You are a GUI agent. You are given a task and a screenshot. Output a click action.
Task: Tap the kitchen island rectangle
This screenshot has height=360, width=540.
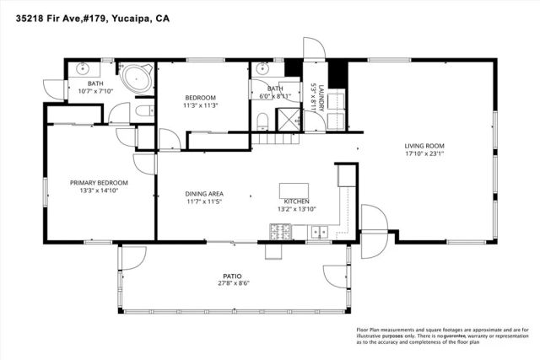tap(294, 191)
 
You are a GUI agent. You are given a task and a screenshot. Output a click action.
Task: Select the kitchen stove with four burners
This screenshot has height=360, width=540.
tap(279, 230)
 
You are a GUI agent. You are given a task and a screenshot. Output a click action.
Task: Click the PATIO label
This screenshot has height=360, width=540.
tap(232, 276)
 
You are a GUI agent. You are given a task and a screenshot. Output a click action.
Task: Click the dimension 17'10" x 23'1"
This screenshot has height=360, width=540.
tap(424, 153)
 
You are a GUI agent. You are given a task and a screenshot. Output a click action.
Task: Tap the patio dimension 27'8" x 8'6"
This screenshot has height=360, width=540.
tap(232, 284)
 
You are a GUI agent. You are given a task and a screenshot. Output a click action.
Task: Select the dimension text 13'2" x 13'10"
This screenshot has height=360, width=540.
tap(295, 209)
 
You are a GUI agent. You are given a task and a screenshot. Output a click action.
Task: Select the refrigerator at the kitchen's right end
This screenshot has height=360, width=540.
tap(347, 175)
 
